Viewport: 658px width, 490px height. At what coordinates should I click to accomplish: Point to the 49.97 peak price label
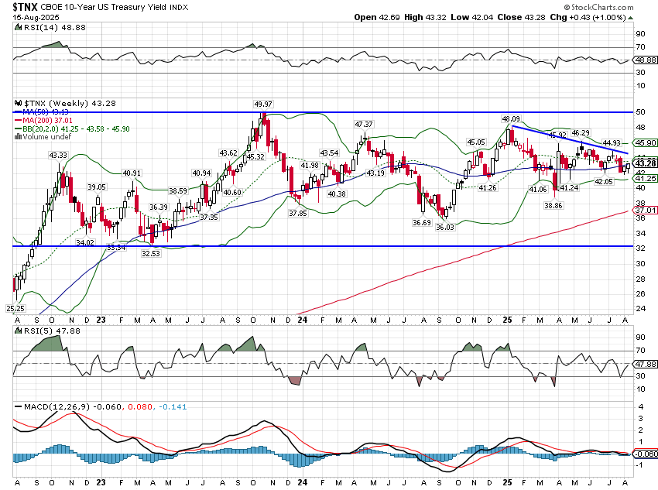coord(264,104)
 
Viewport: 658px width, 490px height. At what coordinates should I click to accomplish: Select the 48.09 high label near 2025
coord(511,119)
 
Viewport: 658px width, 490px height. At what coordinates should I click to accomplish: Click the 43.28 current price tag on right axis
coord(645,163)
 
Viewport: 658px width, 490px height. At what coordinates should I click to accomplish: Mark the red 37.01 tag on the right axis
coord(645,210)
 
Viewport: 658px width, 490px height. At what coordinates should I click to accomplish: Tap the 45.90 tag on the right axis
coord(645,143)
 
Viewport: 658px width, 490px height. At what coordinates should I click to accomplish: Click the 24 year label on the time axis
coord(300,319)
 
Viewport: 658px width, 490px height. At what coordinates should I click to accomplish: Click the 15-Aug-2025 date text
coord(29,16)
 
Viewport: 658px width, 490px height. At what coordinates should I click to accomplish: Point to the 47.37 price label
coord(364,125)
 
